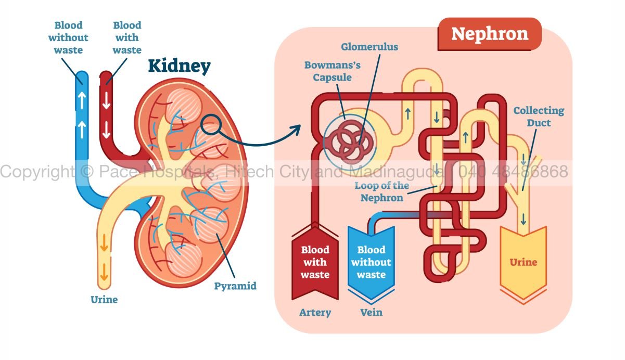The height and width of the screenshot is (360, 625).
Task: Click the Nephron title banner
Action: coord(489,34)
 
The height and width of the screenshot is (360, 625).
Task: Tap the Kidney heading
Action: coord(179,66)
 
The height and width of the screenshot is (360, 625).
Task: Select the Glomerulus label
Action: coord(369,47)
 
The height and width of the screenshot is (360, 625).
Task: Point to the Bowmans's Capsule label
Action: coord(333,72)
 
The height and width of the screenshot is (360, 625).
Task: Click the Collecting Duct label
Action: coord(539,117)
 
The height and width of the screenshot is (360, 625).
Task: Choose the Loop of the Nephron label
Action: coord(382,191)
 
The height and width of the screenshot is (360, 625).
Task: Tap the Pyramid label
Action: coord(235,286)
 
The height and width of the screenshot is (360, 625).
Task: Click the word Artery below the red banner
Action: coord(315,313)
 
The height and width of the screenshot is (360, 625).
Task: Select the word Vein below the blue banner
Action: coord(371,313)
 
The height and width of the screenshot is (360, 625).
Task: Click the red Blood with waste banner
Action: coord(315,262)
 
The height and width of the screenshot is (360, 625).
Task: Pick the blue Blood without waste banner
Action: coord(371,262)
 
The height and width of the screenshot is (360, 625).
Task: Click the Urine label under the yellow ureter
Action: coord(104,300)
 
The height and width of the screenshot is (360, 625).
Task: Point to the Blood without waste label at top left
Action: coord(68,37)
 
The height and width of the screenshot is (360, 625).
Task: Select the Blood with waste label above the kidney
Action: coord(127,37)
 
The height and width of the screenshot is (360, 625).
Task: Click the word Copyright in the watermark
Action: coord(36,171)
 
